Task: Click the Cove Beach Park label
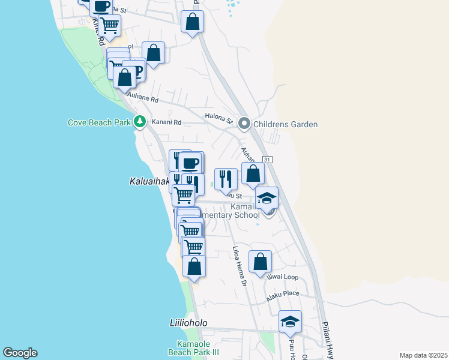(99, 123)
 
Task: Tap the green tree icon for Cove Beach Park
(140, 122)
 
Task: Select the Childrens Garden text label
(285, 124)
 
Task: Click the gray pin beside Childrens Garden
(244, 124)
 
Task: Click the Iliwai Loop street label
(283, 277)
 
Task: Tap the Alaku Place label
(283, 293)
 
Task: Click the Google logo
(20, 353)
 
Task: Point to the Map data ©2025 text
(423, 355)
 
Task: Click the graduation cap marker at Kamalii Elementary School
(267, 198)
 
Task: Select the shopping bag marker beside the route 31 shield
(253, 173)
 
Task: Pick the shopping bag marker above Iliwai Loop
(260, 261)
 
